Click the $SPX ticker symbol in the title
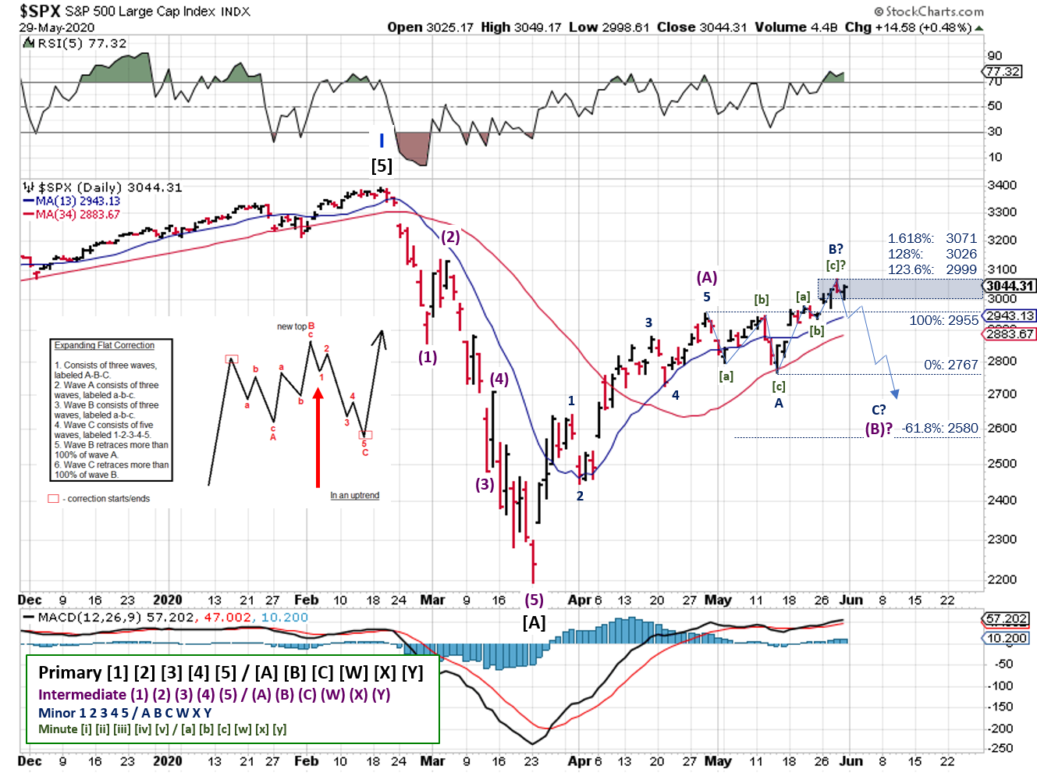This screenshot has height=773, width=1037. [40, 11]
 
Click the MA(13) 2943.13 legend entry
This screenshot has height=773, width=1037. [76, 201]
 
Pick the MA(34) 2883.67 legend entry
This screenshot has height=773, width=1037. [76, 214]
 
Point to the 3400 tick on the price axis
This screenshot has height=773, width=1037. [1002, 185]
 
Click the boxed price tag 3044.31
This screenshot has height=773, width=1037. [1010, 287]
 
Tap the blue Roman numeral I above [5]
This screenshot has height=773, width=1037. [382, 141]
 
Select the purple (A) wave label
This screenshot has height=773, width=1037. [707, 277]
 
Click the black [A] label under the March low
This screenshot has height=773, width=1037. [534, 622]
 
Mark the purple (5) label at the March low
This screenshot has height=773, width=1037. [534, 600]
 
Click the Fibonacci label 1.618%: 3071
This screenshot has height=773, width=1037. [932, 238]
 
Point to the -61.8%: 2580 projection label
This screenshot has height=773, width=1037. [939, 428]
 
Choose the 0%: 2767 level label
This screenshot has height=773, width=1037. [950, 365]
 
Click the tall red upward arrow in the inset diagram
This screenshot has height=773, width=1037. [318, 437]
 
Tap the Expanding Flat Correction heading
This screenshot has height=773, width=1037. [105, 345]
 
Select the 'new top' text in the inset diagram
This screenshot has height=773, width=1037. [291, 326]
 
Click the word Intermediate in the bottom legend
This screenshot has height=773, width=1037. [82, 694]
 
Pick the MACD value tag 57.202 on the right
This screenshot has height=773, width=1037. [1007, 618]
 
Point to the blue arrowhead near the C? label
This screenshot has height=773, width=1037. [894, 394]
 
